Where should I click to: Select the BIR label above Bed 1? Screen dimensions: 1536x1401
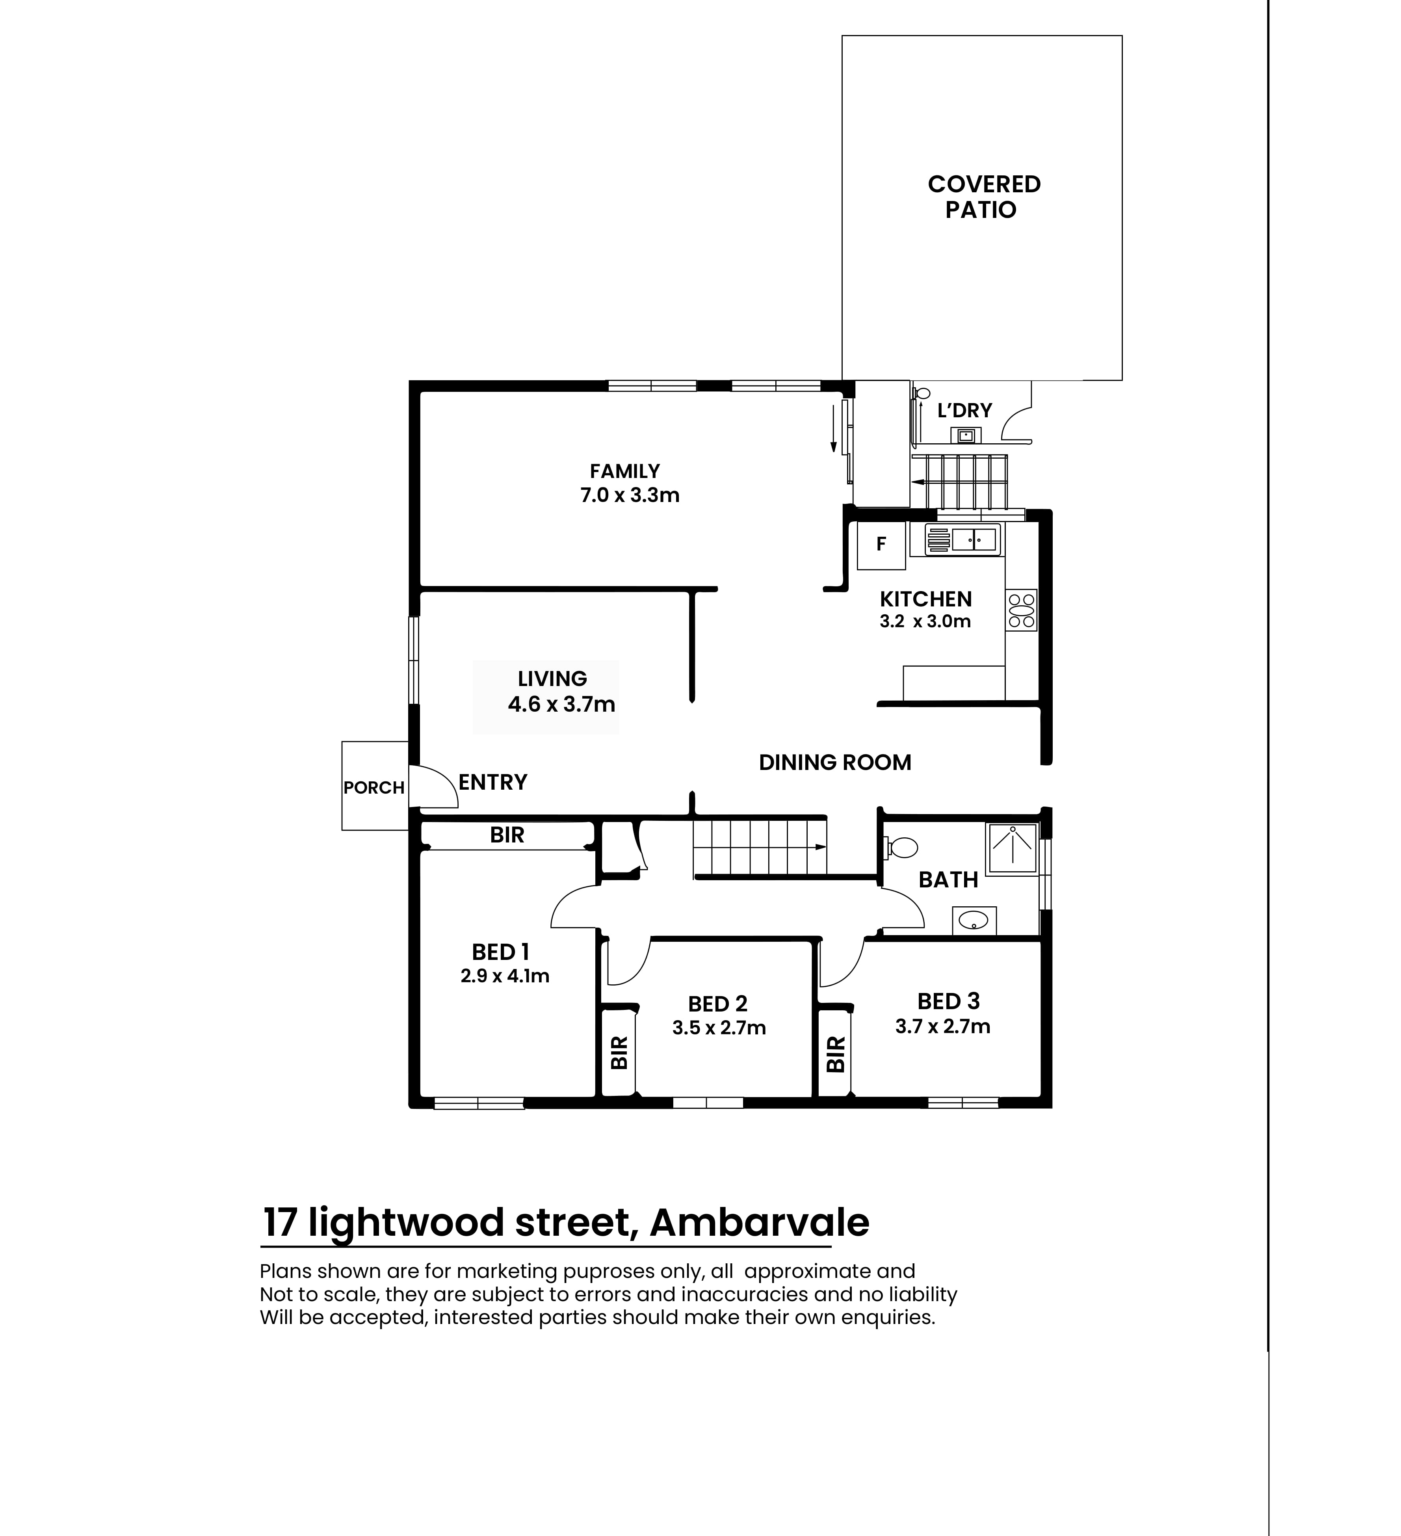(x=507, y=835)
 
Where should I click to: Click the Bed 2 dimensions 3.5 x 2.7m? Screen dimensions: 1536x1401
(x=718, y=1028)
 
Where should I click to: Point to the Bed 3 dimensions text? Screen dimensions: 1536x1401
(x=942, y=1026)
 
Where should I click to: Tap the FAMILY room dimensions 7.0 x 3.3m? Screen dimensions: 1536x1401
(x=629, y=495)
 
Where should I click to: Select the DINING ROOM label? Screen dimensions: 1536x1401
(x=835, y=762)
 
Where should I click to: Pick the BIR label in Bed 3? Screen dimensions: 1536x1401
(x=836, y=1054)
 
